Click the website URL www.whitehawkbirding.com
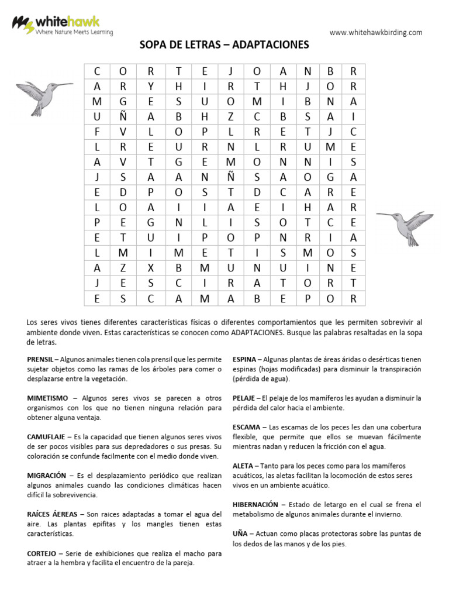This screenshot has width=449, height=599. (375, 33)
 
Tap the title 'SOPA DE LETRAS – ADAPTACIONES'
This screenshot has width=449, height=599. (224, 45)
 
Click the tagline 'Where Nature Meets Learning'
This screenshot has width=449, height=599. (74, 33)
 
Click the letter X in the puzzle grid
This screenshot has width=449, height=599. (150, 268)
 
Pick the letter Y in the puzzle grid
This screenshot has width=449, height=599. (150, 86)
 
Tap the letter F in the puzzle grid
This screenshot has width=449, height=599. (97, 132)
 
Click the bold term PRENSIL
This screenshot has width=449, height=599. (40, 359)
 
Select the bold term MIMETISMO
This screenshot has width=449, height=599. (47, 398)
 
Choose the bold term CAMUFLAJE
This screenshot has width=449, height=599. (46, 437)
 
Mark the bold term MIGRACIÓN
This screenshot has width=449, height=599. (46, 476)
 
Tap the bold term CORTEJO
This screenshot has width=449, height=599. (42, 553)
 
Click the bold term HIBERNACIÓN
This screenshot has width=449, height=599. (255, 504)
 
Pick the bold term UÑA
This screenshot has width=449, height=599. (240, 534)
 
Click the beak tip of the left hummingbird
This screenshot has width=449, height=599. (72, 84)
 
